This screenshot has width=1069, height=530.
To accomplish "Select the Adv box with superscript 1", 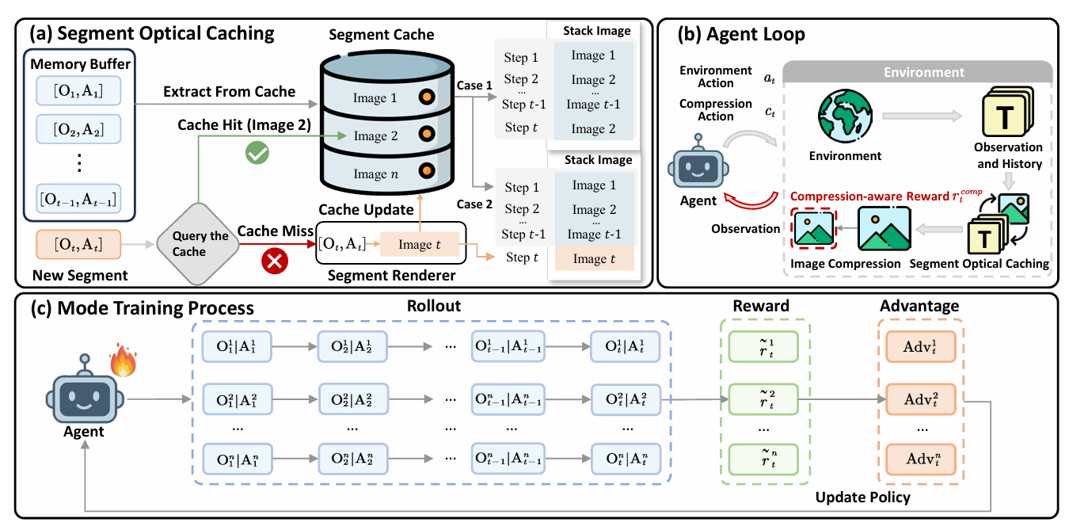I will pos(921,347).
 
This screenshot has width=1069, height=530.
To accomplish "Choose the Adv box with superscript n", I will pos(921,459).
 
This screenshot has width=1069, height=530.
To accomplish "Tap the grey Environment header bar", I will pos(923,72).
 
